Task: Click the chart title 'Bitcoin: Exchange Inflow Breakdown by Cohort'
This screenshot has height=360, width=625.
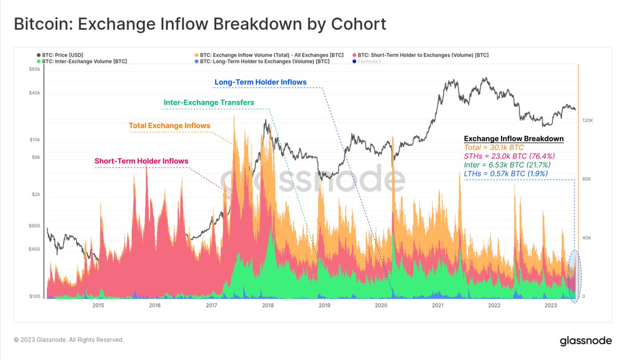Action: tap(199, 24)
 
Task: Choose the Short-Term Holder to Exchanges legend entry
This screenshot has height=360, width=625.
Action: tap(422, 55)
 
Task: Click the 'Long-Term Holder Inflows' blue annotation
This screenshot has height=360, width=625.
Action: tap(260, 82)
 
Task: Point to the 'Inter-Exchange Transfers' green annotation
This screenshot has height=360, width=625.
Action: tap(209, 103)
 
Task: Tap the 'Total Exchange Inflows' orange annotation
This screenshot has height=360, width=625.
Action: tap(169, 126)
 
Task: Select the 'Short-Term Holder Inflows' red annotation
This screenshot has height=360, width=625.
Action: tap(141, 161)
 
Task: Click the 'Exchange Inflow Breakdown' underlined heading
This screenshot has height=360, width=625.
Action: tap(514, 139)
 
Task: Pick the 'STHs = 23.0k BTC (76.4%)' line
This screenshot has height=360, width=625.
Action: tap(509, 156)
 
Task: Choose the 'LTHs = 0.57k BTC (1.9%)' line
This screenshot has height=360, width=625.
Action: tap(506, 173)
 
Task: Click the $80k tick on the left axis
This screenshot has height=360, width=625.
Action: tap(34, 69)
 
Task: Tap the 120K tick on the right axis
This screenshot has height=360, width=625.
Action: tap(587, 120)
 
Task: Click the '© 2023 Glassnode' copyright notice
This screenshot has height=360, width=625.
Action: tap(69, 340)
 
